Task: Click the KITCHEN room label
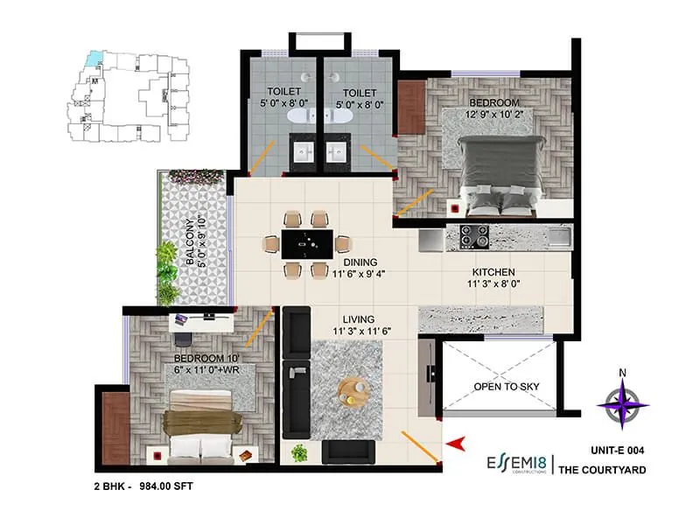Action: (x=489, y=272)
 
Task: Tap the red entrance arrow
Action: (x=452, y=448)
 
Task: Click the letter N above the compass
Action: (x=622, y=374)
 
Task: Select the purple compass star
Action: (x=622, y=403)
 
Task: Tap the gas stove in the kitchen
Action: (x=476, y=235)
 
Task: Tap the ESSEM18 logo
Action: (x=517, y=461)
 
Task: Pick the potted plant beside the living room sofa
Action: (x=300, y=452)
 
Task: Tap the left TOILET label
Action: (x=284, y=92)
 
